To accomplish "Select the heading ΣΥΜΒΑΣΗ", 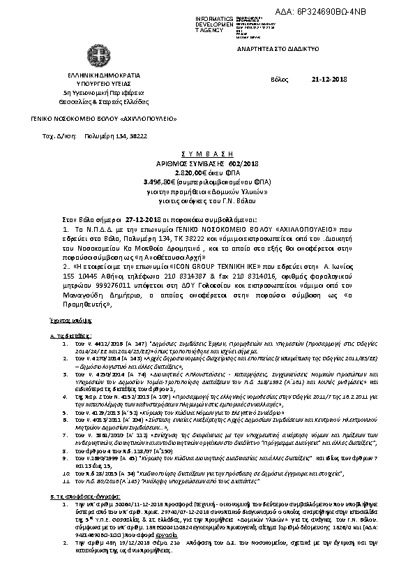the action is pyautogui.click(x=207, y=152).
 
